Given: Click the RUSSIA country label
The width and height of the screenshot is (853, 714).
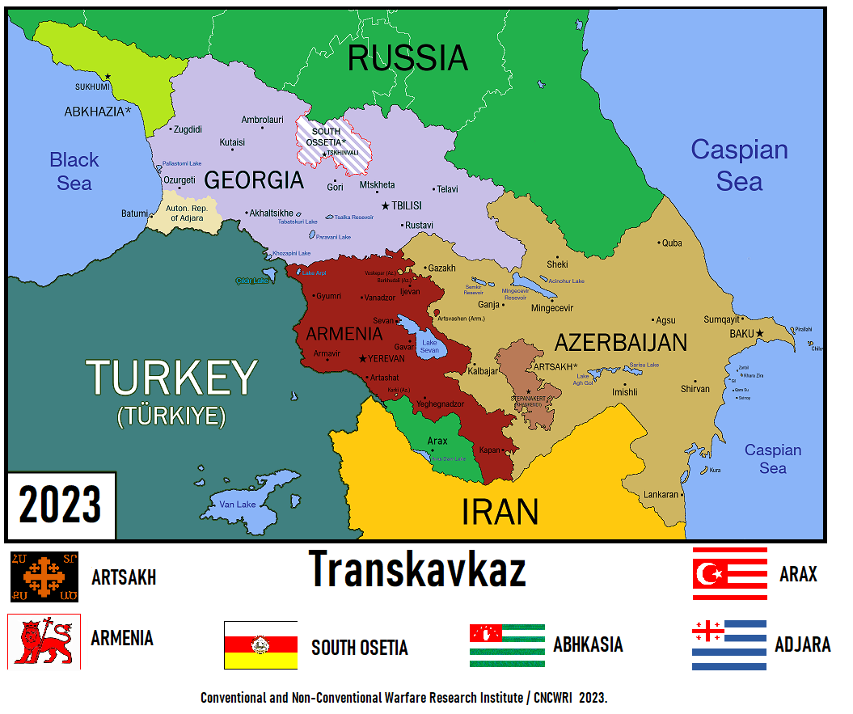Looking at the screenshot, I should tap(407, 58).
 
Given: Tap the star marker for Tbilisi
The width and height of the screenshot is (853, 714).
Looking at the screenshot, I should tap(386, 205).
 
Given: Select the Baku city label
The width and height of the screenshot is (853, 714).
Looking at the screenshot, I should tap(741, 333).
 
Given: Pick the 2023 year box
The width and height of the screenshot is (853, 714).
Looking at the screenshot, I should tap(61, 505).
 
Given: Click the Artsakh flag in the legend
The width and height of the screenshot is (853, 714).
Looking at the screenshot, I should tap(44, 577).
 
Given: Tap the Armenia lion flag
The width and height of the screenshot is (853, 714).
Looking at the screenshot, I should tap(44, 641).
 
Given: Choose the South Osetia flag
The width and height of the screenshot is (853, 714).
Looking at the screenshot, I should tap(260, 645).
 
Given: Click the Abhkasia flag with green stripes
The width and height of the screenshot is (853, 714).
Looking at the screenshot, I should tap(507, 645).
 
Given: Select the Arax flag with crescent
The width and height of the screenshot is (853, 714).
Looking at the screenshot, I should tap(729, 573).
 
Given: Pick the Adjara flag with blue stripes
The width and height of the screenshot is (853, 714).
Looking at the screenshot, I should tap(728, 644).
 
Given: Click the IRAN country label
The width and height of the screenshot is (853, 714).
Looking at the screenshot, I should tap(500, 512).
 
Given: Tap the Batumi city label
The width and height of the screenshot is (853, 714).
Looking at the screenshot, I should tap(134, 213).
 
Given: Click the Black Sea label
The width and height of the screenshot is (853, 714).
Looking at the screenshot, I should tap(74, 171).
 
